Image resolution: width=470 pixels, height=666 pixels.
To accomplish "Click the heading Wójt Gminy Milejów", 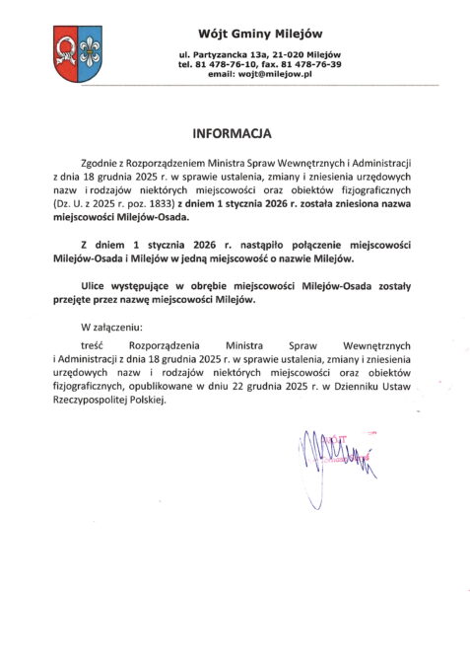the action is click(x=259, y=34).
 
